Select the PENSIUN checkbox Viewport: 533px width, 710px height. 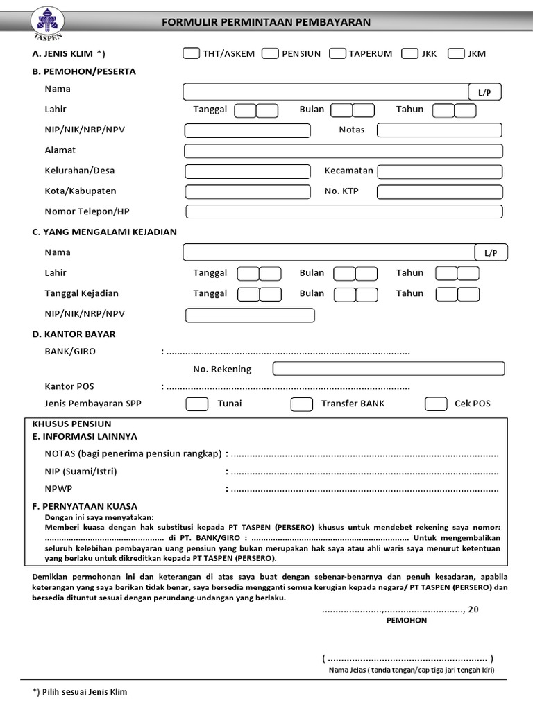tap(271, 53)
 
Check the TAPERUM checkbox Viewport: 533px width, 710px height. tap(338, 53)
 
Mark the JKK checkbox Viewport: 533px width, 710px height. tap(409, 53)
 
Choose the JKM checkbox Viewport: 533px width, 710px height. tap(456, 53)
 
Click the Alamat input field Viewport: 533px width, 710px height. tap(343, 150)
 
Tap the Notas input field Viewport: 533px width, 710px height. tap(439, 130)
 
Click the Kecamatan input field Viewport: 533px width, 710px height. tap(439, 171)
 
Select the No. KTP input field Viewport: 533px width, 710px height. tap(439, 191)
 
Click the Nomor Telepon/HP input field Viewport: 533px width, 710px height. tap(343, 211)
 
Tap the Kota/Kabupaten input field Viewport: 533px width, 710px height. tap(248, 191)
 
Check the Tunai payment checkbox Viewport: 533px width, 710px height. tap(196, 404)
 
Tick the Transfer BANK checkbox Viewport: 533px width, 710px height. tap(301, 404)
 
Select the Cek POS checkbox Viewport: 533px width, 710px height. tap(435, 404)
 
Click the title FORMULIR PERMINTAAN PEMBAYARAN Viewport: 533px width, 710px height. tap(266, 22)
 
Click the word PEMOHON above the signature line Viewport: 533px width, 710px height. tap(407, 621)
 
